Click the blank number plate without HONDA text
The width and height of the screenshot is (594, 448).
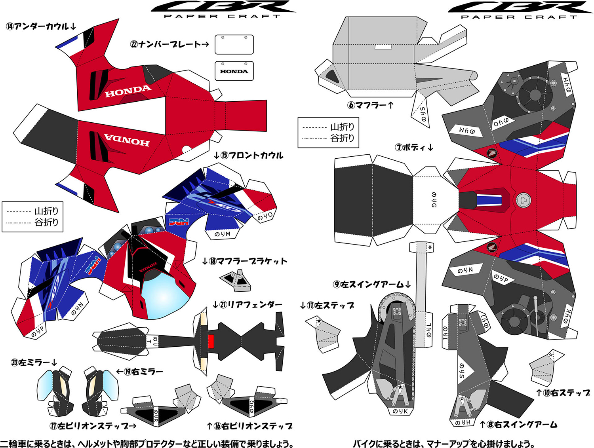234,44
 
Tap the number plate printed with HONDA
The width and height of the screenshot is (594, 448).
234,71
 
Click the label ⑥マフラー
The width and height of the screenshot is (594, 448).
371,105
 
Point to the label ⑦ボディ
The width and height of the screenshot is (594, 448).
414,148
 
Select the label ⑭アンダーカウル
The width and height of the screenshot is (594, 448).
41,27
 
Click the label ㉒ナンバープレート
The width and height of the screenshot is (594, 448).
169,44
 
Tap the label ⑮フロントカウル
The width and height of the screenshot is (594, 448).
249,155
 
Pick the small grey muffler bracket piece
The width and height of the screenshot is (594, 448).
236,280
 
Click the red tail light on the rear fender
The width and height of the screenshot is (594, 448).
211,341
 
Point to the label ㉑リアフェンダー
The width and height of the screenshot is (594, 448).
248,305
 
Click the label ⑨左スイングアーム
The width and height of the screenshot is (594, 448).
372,285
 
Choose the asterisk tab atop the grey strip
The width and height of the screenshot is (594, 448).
430,247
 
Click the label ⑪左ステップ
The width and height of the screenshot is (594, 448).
327,306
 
